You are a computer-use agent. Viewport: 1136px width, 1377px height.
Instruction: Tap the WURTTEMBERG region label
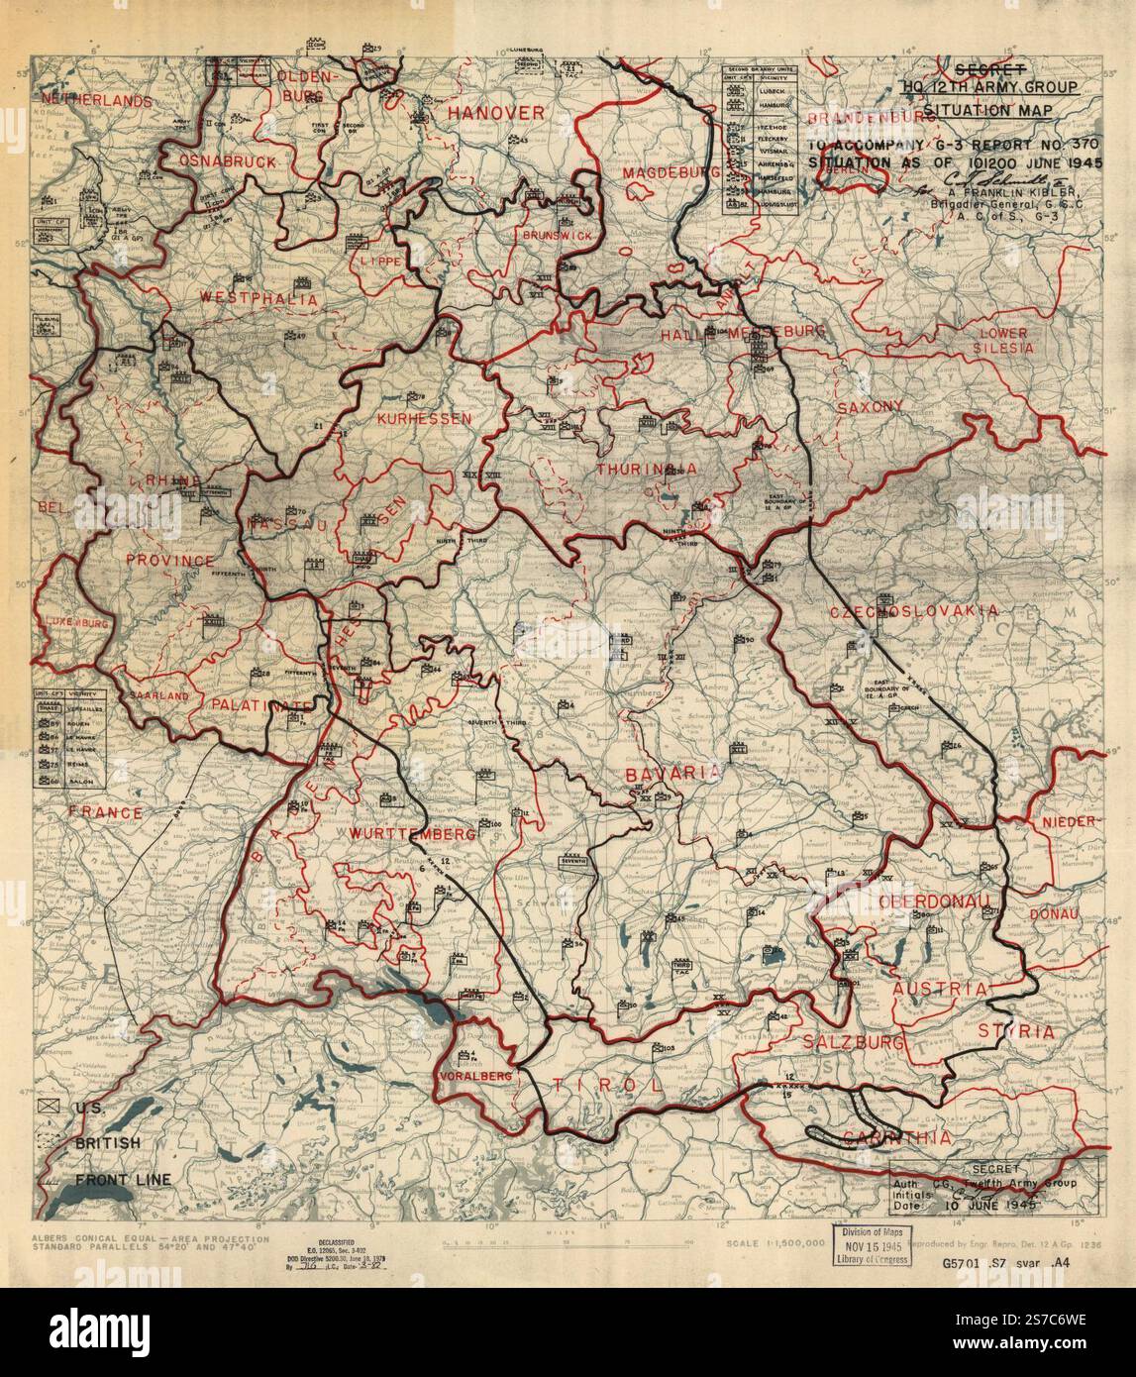412,834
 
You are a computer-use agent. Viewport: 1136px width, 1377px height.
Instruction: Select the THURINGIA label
645,469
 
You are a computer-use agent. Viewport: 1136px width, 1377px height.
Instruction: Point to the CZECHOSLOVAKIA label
914,611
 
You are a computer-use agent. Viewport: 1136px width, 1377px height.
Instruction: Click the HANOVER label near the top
495,113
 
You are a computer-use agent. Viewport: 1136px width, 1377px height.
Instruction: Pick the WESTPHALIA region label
245,298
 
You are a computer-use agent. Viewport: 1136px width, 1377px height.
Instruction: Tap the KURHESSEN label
423,419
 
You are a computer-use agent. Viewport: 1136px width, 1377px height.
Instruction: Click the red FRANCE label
106,812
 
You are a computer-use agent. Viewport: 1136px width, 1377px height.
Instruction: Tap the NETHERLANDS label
97,100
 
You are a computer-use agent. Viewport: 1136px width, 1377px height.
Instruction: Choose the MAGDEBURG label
671,173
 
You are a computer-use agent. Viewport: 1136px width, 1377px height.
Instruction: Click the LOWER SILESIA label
1003,340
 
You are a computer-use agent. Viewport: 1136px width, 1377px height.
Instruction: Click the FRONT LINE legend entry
123,1179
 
